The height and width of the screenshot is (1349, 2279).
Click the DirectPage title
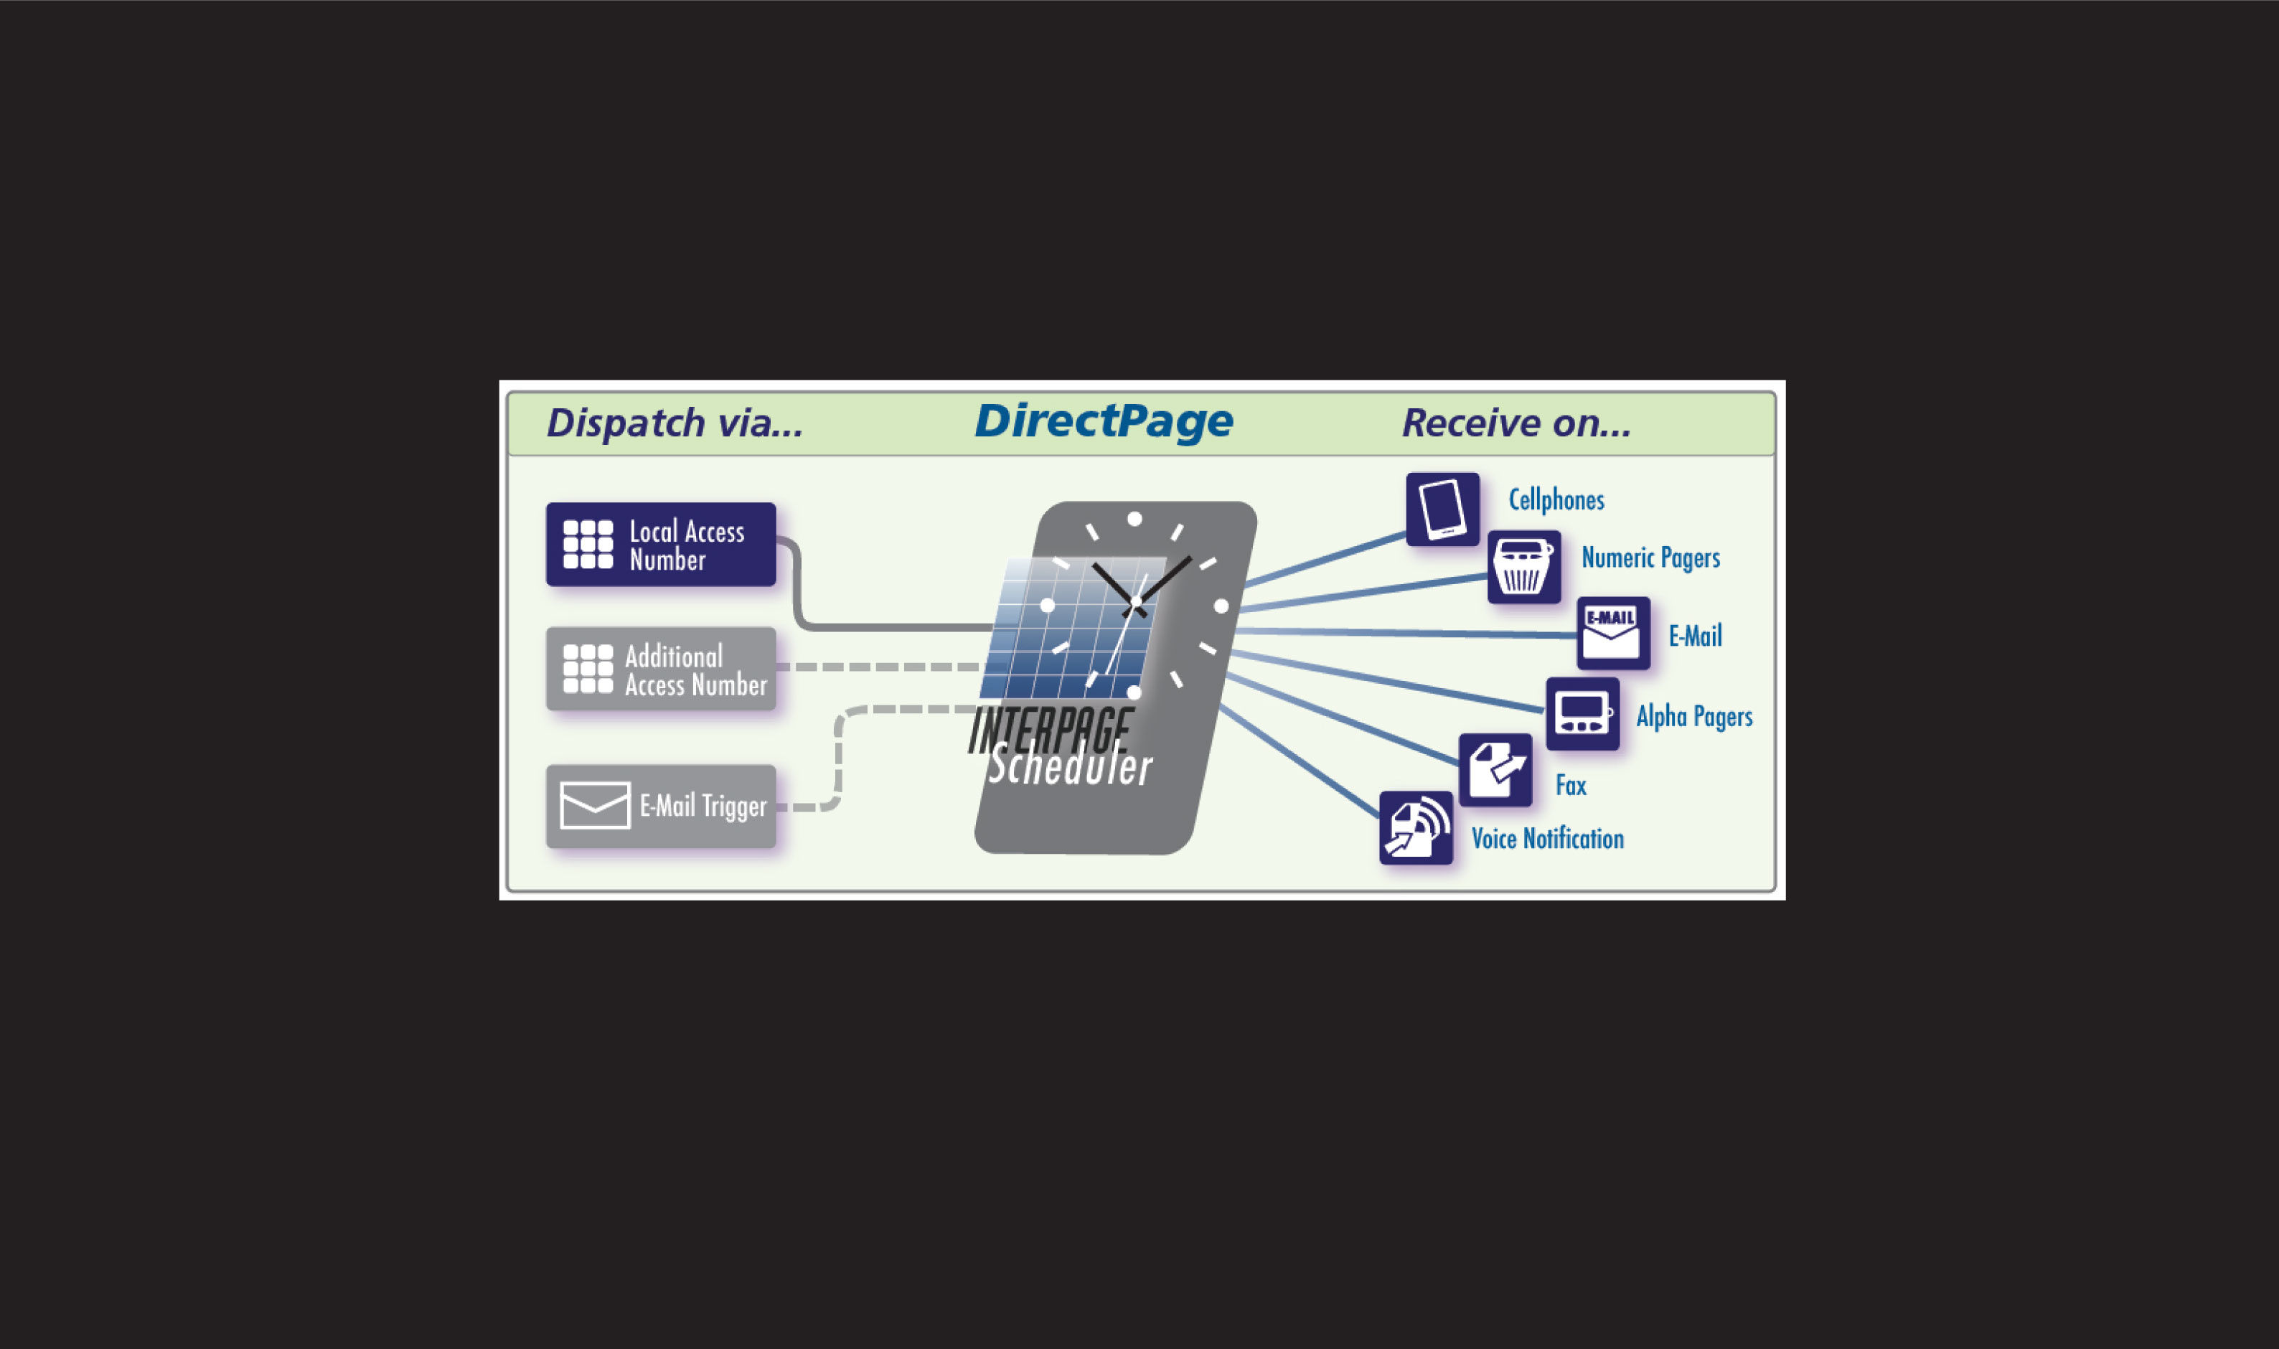(1104, 422)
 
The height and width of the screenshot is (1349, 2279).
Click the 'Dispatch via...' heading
(675, 423)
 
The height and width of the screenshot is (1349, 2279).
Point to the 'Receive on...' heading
(1516, 423)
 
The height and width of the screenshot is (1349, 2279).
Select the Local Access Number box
(661, 545)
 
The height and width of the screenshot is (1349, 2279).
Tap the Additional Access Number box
(661, 669)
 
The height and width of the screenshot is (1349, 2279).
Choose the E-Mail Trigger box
(661, 807)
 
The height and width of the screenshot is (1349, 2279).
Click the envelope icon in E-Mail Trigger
(595, 805)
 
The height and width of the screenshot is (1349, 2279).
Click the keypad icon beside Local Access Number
(587, 544)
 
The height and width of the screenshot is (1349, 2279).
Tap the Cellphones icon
(1442, 509)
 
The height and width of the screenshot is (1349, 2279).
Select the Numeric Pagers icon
(1523, 568)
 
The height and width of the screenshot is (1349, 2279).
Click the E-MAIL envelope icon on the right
(1612, 634)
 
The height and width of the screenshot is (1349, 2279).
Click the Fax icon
(1495, 770)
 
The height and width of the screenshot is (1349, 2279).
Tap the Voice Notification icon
(1415, 828)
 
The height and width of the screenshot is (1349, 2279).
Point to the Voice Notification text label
(1547, 839)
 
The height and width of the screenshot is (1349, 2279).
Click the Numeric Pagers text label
(1650, 558)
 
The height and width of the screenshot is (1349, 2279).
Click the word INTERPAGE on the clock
(1049, 730)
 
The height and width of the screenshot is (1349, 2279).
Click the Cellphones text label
(1556, 500)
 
